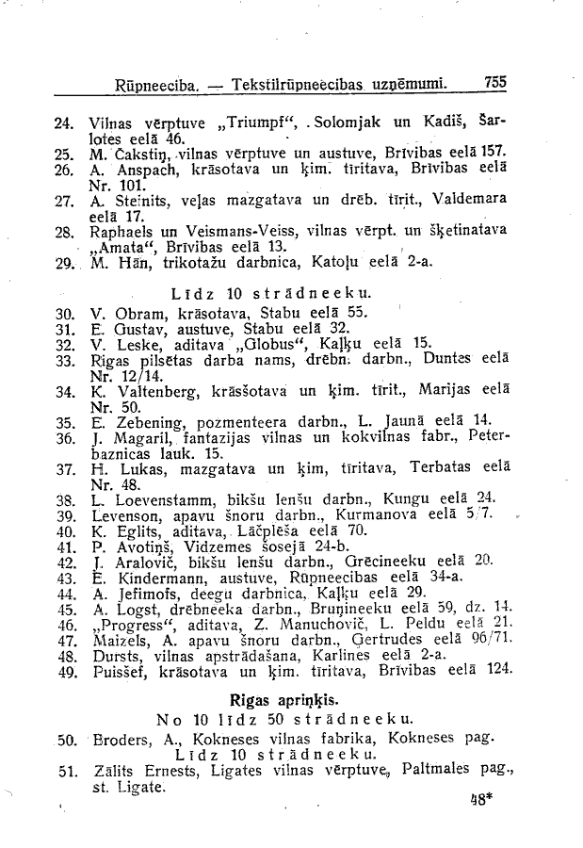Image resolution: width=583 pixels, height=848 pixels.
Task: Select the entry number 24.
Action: (65, 122)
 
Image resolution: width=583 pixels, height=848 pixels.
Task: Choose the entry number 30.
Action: (65, 312)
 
